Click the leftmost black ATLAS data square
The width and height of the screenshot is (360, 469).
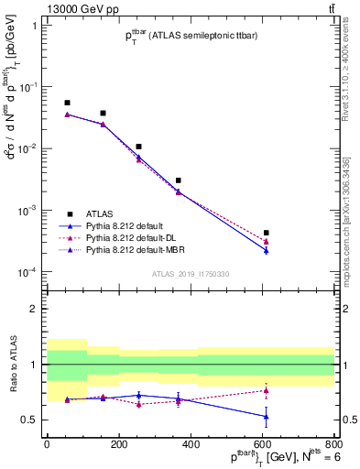coord(67,103)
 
